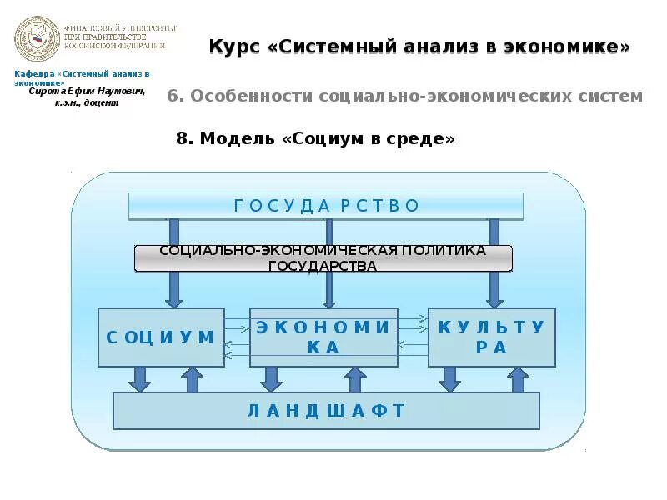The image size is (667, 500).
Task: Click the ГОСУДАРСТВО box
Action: pyautogui.click(x=325, y=206)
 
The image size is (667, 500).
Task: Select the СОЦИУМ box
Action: pyautogui.click(x=161, y=337)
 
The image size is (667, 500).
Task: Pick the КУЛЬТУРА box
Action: pyautogui.click(x=491, y=337)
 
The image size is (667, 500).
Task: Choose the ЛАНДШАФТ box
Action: pyautogui.click(x=326, y=410)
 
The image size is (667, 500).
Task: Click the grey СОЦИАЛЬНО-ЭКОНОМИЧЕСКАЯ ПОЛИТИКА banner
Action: pyautogui.click(x=323, y=258)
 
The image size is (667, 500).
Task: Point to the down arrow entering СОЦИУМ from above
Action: pyautogui.click(x=173, y=290)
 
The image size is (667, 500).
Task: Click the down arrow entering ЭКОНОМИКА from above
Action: pyautogui.click(x=329, y=290)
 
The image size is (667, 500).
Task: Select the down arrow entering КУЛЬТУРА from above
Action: pyautogui.click(x=494, y=290)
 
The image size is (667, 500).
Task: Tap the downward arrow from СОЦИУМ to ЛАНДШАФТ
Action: pyautogui.click(x=140, y=379)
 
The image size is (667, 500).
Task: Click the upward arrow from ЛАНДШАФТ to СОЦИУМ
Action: pyautogui.click(x=193, y=379)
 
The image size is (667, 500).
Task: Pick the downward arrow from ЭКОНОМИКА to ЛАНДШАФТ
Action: pyautogui.click(x=271, y=379)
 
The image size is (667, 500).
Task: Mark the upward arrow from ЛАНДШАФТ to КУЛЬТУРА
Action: pyautogui.click(x=518, y=379)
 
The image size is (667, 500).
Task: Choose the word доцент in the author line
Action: pyautogui.click(x=103, y=102)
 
